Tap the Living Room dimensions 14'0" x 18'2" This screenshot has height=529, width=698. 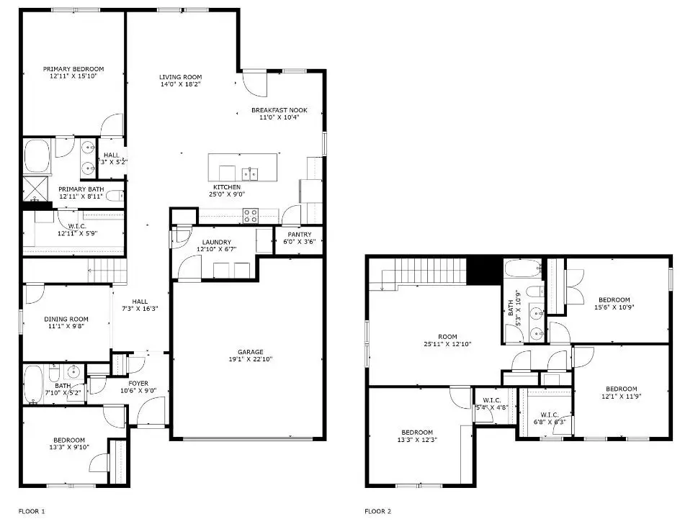point(180,84)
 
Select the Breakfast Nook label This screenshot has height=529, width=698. point(279,110)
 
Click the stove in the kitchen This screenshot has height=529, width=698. point(250,212)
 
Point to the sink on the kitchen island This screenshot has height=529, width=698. point(250,173)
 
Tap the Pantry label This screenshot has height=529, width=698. point(299,235)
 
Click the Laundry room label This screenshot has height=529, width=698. point(216,242)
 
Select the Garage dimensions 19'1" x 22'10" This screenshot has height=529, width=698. point(251,359)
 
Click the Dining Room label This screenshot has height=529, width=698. point(66,319)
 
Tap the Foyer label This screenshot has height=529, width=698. point(138,383)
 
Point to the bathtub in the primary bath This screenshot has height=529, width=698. point(37,154)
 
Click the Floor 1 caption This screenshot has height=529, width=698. point(32,512)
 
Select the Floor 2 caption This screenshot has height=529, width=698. point(377,512)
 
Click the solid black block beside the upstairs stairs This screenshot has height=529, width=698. point(484,271)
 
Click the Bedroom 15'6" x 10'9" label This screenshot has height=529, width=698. point(614,300)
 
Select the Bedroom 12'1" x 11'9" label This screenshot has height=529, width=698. point(620,389)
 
